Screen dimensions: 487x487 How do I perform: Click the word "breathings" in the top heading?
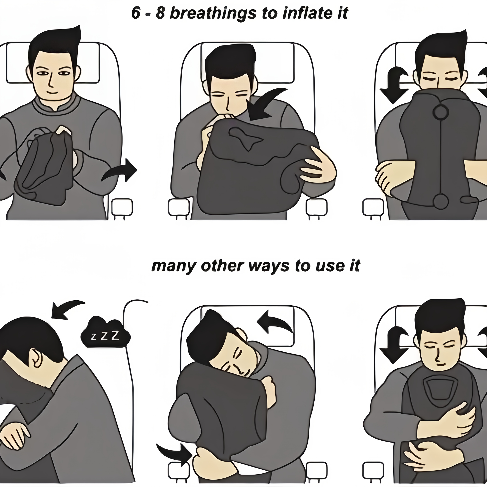coord(213,13)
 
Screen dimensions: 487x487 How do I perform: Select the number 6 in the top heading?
coord(136,13)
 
